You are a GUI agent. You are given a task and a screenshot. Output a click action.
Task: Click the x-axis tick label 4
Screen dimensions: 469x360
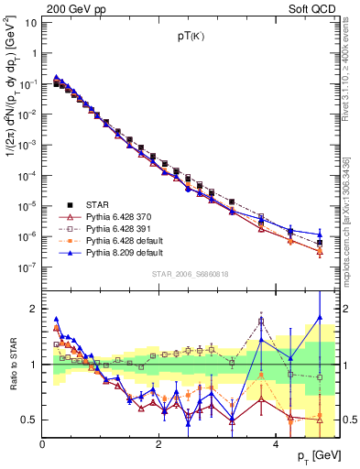click(x=276, y=444)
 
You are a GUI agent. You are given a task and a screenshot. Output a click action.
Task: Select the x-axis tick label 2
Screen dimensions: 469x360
click(x=159, y=444)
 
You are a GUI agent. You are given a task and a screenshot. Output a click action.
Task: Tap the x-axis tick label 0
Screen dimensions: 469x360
click(x=43, y=444)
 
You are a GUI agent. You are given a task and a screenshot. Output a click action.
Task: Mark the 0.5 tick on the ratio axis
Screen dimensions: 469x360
click(x=30, y=420)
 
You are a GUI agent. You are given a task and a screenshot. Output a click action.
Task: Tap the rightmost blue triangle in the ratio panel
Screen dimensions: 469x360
click(x=320, y=318)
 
